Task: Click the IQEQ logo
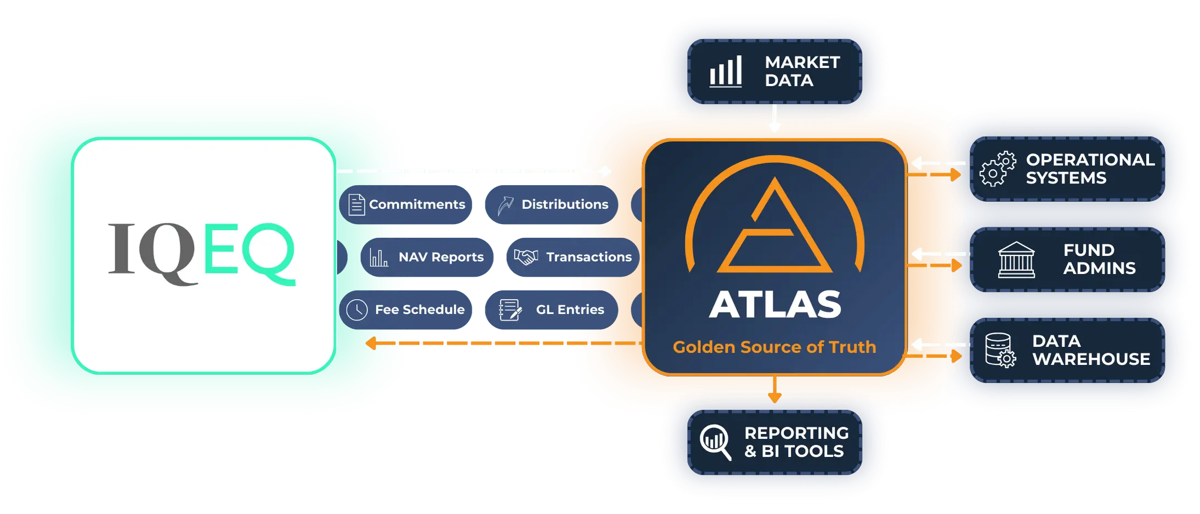coord(202,254)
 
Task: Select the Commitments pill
coord(405,204)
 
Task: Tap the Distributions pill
coord(551,204)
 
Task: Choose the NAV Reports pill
coord(427,257)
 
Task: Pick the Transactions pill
coord(573,257)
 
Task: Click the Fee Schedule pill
coord(405,310)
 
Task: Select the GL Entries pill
coord(551,310)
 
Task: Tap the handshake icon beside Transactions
coord(525,257)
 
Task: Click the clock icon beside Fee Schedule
coord(357,310)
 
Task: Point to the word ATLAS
coord(774,305)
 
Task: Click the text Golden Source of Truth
coord(774,347)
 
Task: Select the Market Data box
coord(774,71)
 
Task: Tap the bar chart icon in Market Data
coord(726,71)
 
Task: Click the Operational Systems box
coord(1067,169)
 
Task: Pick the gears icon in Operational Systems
coord(998,169)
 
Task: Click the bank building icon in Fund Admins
coord(1016,260)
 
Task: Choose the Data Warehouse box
coord(1067,350)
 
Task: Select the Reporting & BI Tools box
coord(774,442)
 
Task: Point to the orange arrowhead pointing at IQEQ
coord(371,343)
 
